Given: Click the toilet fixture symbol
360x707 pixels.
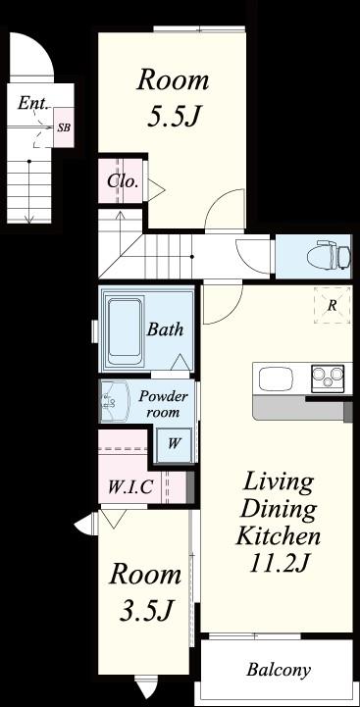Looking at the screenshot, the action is [328, 254].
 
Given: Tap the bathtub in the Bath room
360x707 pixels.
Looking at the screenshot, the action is [125, 329].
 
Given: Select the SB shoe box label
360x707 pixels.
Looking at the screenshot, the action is [64, 127].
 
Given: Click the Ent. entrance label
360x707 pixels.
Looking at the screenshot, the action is [33, 103].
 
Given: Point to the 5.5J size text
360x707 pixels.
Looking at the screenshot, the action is [174, 116].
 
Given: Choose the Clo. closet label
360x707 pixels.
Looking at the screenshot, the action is [123, 181].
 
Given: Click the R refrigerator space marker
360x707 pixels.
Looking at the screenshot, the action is [332, 305].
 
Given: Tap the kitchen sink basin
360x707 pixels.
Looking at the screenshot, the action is [276, 379].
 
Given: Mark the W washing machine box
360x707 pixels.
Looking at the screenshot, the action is [174, 443].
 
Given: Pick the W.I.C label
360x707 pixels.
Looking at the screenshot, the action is [130, 487].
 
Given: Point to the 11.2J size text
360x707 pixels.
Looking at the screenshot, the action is [279, 562].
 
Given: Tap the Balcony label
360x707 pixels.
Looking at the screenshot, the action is [279, 670].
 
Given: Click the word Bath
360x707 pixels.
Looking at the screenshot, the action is [165, 329].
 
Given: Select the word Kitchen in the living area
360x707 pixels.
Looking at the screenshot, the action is [279, 536].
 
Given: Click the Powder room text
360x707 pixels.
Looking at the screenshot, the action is [163, 404].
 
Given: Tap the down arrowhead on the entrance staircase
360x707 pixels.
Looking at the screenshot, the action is [29, 219].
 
